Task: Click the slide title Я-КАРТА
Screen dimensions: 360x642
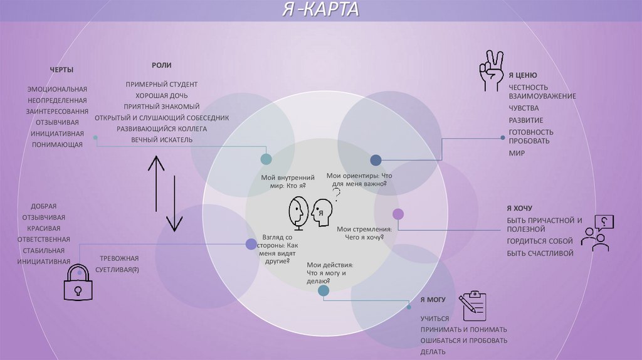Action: point(320,11)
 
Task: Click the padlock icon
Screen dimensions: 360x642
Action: point(78,281)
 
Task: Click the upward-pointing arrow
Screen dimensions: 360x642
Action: point(156,182)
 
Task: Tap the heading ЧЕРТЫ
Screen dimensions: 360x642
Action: point(61,69)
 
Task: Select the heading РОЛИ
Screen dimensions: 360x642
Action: point(161,65)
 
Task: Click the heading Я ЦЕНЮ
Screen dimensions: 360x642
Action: point(522,75)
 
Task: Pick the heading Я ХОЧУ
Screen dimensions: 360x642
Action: point(519,208)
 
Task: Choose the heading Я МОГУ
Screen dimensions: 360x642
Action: point(433,300)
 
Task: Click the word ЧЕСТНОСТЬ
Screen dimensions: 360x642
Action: point(529,87)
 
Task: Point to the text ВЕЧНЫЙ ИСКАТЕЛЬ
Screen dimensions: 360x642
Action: point(162,139)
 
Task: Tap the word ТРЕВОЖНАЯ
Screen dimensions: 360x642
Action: point(119,258)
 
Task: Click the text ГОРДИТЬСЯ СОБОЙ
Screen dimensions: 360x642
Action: point(540,241)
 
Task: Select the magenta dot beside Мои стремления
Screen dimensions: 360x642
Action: point(398,214)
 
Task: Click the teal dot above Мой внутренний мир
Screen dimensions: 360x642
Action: point(266,159)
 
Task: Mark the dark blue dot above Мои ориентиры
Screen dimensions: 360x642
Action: point(376,160)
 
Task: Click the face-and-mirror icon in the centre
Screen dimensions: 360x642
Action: point(310,210)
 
